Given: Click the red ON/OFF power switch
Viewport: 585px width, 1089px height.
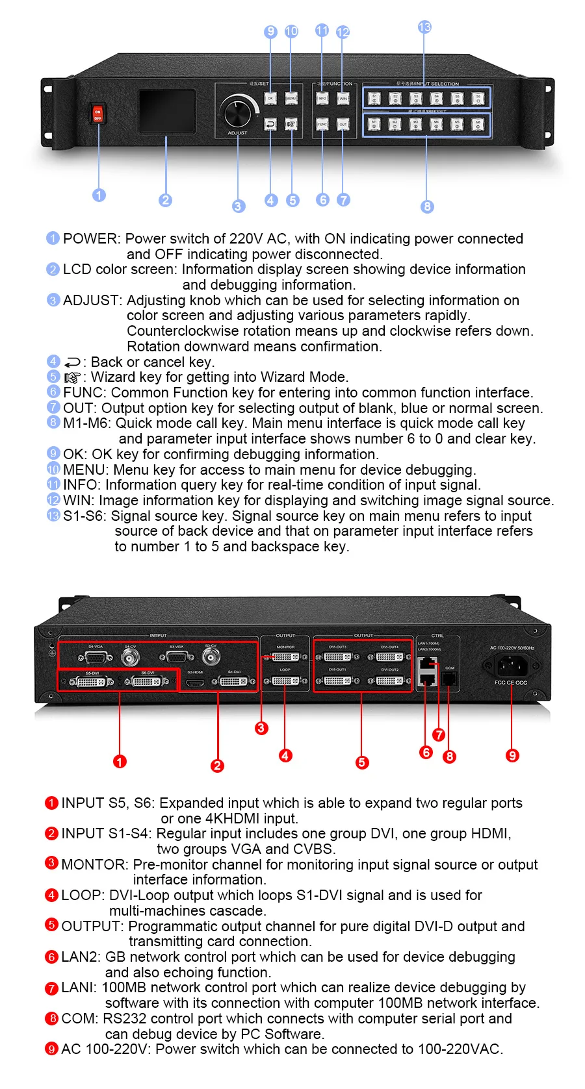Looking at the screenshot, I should [97, 114].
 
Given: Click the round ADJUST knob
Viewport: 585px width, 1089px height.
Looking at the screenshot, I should [238, 112].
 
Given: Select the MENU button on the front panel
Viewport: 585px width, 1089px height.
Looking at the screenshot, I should [291, 99].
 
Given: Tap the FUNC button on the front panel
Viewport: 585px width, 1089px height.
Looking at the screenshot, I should [322, 124].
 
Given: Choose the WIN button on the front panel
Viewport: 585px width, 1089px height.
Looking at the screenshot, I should [343, 99].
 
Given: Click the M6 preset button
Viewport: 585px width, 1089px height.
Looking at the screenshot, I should [478, 124].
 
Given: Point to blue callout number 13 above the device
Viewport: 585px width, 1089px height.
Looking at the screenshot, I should [424, 27].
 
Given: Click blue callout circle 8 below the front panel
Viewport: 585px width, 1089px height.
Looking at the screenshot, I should [427, 207].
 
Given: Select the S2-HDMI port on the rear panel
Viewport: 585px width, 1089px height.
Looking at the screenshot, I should [195, 682].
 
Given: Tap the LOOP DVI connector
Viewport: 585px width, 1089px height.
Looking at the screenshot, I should [285, 681].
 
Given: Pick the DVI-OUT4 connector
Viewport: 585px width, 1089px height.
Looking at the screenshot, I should [390, 657].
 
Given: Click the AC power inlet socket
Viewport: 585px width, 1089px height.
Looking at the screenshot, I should [511, 665].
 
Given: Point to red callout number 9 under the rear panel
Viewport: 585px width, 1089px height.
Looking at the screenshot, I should [512, 755].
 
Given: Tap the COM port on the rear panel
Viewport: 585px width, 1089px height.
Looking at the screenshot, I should [449, 679].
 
